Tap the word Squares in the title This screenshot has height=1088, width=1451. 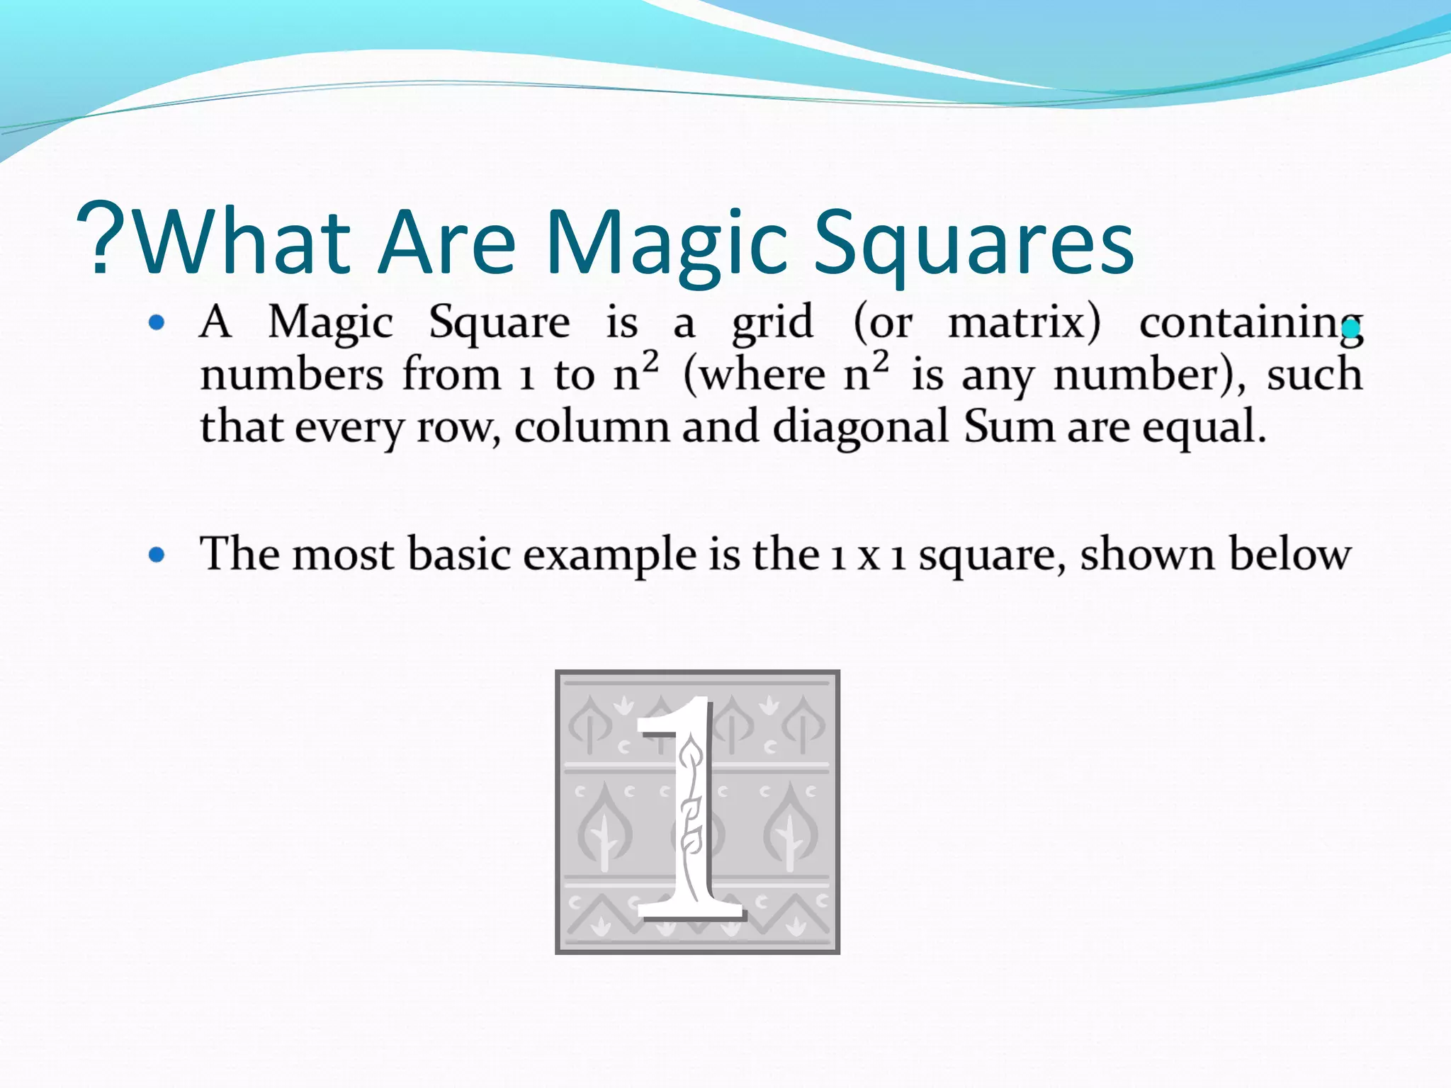974,244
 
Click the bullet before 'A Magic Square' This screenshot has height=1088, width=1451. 157,324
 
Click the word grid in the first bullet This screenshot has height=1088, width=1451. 772,324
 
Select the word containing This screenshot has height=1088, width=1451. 1250,324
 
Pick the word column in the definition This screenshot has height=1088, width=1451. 592,427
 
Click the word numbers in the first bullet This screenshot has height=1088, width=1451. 291,375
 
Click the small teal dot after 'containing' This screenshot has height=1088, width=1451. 1352,329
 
